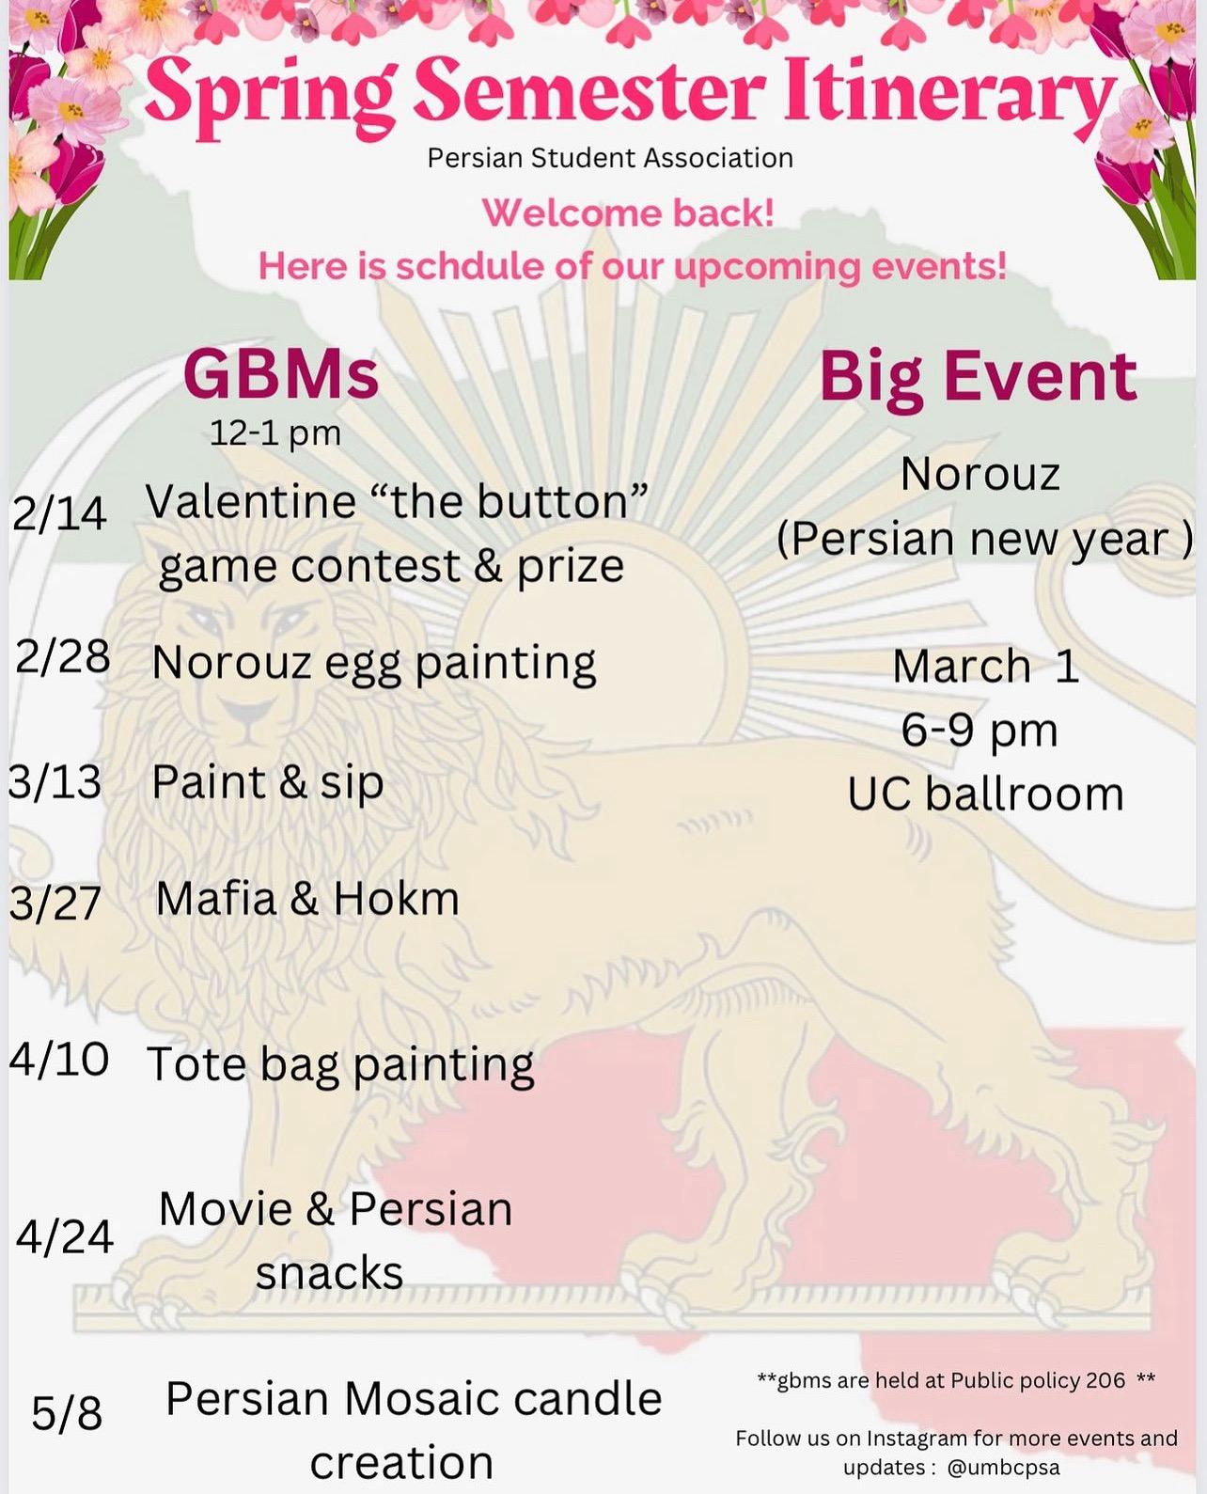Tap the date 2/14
pyautogui.click(x=59, y=514)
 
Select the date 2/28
pyautogui.click(x=62, y=659)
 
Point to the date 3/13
pyautogui.click(x=55, y=782)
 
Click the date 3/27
pyautogui.click(x=55, y=904)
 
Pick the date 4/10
pyautogui.click(x=59, y=1059)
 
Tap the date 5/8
pyautogui.click(x=68, y=1413)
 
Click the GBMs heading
pyautogui.click(x=281, y=375)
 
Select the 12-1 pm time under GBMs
pyautogui.click(x=275, y=434)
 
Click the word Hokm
pyautogui.click(x=397, y=899)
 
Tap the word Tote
pyautogui.click(x=197, y=1064)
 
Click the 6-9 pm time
pyautogui.click(x=980, y=731)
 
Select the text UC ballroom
pyautogui.click(x=985, y=794)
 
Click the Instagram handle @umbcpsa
pyautogui.click(x=1004, y=1468)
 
